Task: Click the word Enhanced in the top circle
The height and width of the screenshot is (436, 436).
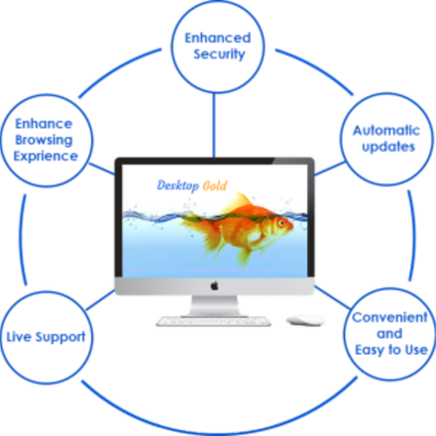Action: point(218,38)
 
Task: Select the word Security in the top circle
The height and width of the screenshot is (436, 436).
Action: point(219,54)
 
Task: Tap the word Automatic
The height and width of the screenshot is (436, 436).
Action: point(386,131)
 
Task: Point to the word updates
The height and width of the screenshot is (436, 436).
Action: point(388,148)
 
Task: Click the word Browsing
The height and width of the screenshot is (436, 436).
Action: point(44,140)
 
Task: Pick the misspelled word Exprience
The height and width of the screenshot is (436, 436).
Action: point(46,157)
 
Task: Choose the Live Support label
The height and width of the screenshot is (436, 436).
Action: point(46,337)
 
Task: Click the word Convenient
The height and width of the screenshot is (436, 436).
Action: point(389,317)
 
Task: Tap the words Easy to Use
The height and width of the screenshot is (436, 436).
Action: point(391,350)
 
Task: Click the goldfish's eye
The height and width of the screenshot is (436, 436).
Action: point(281,223)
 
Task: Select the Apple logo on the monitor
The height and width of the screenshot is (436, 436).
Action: point(215,285)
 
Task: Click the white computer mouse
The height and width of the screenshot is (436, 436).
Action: point(305,320)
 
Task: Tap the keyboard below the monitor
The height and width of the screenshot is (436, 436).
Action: point(213,321)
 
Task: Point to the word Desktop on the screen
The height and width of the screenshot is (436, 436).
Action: point(178,185)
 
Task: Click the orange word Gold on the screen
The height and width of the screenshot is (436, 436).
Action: point(215,186)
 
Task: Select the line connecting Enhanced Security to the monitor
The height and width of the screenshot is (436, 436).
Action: point(214,126)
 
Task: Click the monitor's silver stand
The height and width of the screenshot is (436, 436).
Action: point(215,306)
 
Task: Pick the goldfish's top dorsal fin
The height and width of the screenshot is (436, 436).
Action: point(239,200)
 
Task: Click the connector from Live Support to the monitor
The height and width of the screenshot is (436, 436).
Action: point(100,300)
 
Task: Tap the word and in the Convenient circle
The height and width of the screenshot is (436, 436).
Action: point(389,334)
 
